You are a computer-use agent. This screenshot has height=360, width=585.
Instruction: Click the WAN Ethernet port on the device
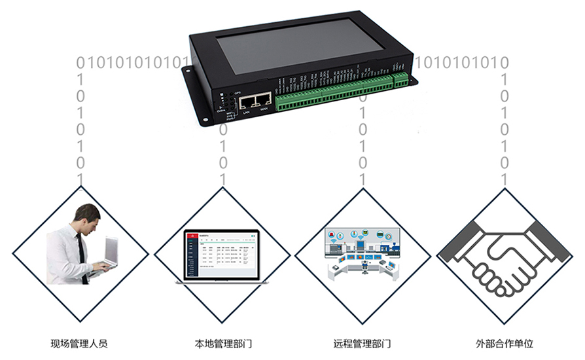(263, 100)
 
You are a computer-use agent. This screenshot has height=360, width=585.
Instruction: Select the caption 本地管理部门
(223, 343)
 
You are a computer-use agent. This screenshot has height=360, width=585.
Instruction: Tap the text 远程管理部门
(363, 343)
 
